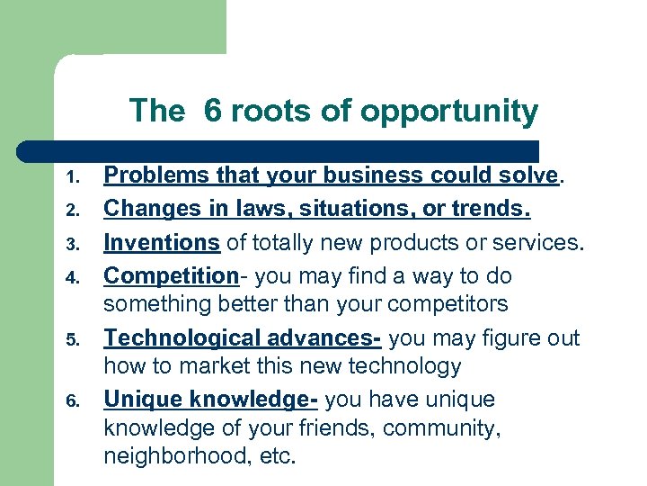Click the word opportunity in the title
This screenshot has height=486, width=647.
tap(448, 112)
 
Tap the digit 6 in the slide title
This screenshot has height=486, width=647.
tap(212, 111)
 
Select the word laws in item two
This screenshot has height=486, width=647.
tap(253, 208)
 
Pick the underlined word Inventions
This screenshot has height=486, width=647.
tap(162, 241)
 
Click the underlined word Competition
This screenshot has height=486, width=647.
tap(165, 274)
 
